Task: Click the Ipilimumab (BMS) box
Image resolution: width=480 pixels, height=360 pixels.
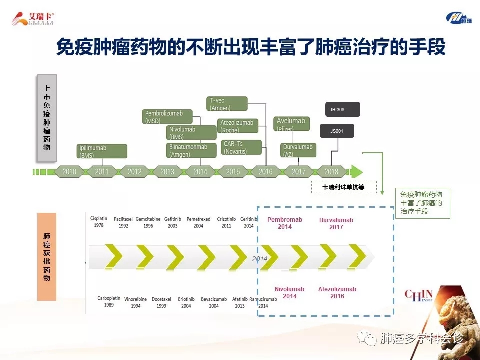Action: [102, 151]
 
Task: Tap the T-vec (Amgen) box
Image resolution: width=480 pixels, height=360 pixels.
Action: [227, 104]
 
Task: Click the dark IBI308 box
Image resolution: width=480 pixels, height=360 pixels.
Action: [342, 109]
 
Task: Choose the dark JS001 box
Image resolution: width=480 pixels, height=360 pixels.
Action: [337, 131]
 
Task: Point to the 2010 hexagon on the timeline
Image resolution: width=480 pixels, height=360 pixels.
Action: [69, 172]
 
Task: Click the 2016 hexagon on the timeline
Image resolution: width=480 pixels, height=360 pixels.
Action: [265, 172]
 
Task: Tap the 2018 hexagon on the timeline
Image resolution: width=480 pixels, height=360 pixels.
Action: [331, 172]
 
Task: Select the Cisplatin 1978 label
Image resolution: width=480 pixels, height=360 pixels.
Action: [99, 222]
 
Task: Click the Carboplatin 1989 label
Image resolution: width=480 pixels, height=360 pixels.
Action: [109, 302]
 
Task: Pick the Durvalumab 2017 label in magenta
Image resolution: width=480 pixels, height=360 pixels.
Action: [336, 224]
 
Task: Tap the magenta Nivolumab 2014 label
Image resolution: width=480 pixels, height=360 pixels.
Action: [289, 293]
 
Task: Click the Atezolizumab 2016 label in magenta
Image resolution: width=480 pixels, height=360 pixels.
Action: [337, 293]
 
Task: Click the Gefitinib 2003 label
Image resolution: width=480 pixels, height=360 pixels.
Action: [173, 222]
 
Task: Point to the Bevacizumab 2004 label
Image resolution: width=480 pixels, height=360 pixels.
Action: [214, 302]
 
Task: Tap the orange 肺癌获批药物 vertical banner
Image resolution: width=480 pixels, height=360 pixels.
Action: [47, 256]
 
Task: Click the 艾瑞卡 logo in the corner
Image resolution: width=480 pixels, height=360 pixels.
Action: [33, 19]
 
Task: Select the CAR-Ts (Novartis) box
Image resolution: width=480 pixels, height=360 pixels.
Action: [241, 148]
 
